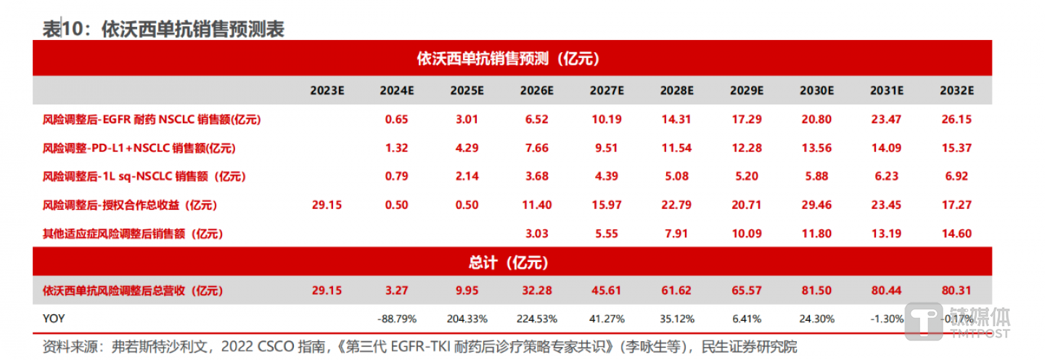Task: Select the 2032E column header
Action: coord(956,91)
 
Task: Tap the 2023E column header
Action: coord(327,91)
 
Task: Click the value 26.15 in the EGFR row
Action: coord(956,120)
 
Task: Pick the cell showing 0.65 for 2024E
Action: coord(396,120)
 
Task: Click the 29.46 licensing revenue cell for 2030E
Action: coord(816,205)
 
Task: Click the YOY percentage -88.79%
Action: coord(396,319)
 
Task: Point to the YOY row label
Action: coord(54,319)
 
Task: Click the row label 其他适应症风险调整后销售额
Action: coord(133,234)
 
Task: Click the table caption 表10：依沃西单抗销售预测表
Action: coord(163,28)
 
